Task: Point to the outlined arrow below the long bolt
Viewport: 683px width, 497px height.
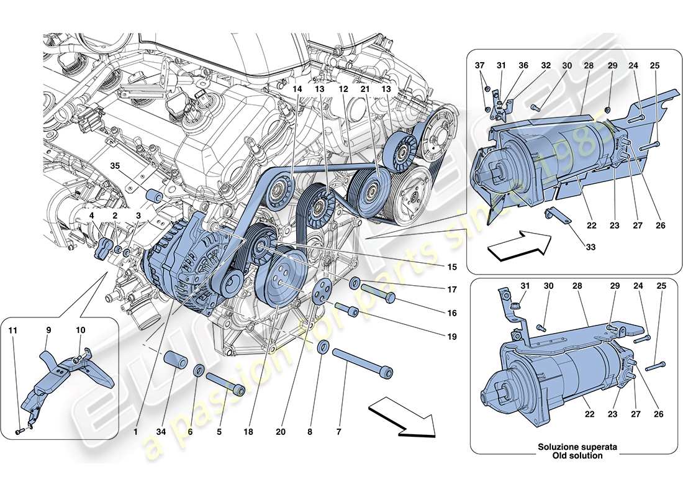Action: click(x=400, y=417)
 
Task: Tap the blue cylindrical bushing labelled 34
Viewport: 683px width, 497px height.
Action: click(x=175, y=361)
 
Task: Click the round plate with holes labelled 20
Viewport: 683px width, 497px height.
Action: click(x=321, y=292)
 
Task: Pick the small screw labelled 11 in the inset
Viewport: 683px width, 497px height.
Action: click(x=19, y=428)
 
